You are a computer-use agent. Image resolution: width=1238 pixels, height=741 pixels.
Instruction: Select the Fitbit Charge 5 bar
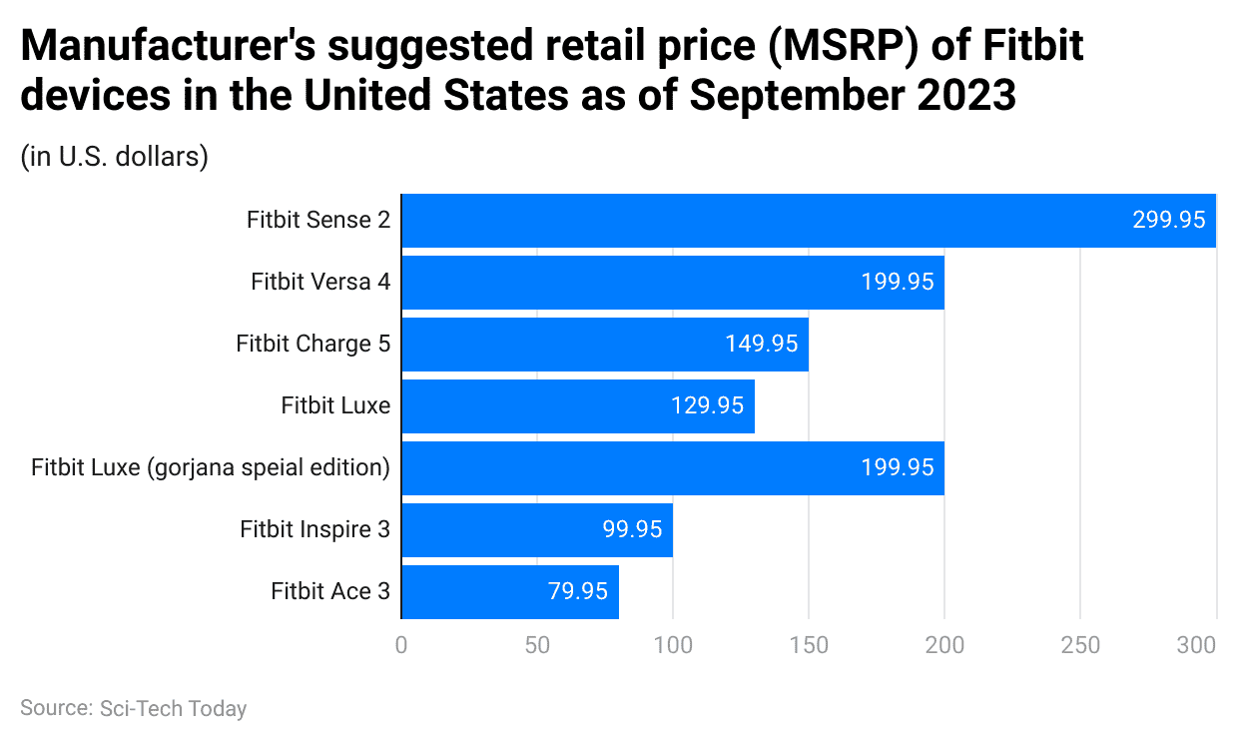click(604, 345)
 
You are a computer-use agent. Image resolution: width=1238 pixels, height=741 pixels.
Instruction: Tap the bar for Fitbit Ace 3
click(509, 592)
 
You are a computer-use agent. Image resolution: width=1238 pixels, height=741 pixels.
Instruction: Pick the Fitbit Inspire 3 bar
click(536, 530)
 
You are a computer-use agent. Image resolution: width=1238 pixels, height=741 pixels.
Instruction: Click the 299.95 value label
click(1168, 221)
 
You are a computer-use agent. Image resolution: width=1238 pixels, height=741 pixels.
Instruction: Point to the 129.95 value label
click(707, 406)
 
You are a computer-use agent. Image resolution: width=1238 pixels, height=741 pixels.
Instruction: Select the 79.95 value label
click(577, 592)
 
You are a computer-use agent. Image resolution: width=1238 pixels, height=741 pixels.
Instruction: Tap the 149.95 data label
click(761, 345)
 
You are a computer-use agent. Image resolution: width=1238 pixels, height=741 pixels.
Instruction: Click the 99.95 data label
click(632, 530)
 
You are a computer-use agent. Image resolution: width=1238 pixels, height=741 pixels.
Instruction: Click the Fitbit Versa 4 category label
click(320, 283)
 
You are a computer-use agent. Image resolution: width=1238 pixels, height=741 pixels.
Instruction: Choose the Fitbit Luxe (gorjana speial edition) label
click(211, 467)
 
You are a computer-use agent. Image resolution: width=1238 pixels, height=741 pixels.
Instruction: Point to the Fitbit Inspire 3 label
click(314, 530)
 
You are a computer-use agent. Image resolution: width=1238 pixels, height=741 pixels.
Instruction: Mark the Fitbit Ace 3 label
click(330, 592)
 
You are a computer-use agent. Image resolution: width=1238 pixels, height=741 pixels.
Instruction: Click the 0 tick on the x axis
click(401, 646)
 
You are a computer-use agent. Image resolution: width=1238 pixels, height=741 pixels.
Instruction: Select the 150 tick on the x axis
click(809, 646)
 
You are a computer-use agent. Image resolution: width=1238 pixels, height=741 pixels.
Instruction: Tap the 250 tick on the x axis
click(1080, 646)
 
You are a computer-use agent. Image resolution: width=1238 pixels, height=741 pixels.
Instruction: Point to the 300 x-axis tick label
click(1196, 646)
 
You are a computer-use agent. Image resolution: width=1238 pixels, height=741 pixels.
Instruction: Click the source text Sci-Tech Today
click(173, 709)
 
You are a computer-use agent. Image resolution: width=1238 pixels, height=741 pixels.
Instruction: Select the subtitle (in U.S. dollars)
click(114, 158)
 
